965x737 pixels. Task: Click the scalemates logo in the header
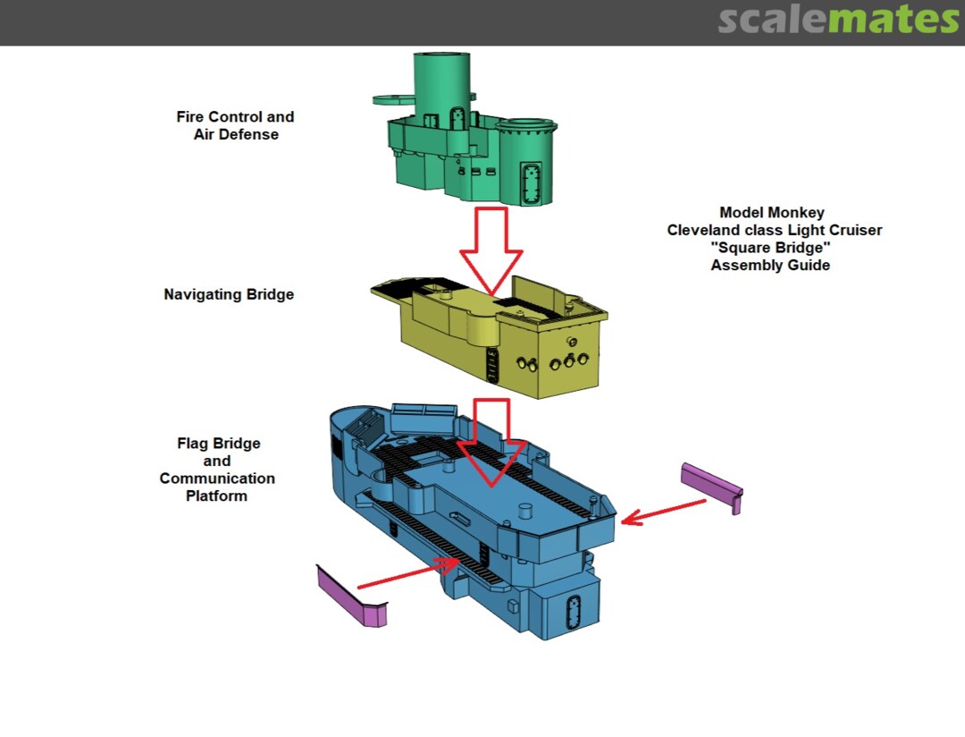coord(838,20)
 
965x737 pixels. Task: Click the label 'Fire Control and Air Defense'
coord(235,125)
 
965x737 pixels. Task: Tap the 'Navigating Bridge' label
coord(229,294)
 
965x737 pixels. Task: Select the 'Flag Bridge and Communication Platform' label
coord(217,470)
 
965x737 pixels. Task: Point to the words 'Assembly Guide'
coord(770,265)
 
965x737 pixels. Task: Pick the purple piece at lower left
coord(351,598)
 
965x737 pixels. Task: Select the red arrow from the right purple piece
coord(663,511)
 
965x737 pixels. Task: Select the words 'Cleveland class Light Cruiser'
coord(774,230)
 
